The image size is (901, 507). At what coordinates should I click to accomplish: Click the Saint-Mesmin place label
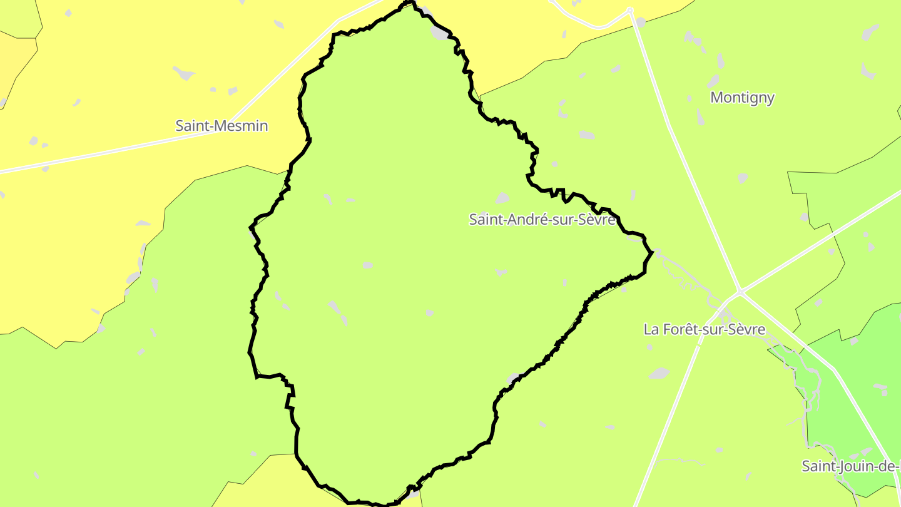(x=221, y=126)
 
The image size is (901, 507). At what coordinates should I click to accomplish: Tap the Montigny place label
(x=743, y=98)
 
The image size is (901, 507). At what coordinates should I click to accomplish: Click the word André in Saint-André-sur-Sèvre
(x=524, y=219)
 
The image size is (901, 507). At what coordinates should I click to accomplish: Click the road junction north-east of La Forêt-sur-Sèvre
(x=740, y=292)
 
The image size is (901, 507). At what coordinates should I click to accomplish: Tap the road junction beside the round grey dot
(x=629, y=11)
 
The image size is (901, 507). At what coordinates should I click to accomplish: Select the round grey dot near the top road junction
(x=641, y=23)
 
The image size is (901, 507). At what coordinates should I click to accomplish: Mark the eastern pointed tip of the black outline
(x=652, y=252)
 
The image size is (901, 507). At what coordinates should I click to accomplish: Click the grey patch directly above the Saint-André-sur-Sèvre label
(x=502, y=198)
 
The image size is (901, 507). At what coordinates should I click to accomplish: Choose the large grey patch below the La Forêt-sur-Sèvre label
(x=659, y=374)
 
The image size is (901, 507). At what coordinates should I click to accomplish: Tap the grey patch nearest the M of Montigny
(x=713, y=81)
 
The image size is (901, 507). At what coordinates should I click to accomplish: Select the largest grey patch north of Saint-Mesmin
(x=184, y=74)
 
